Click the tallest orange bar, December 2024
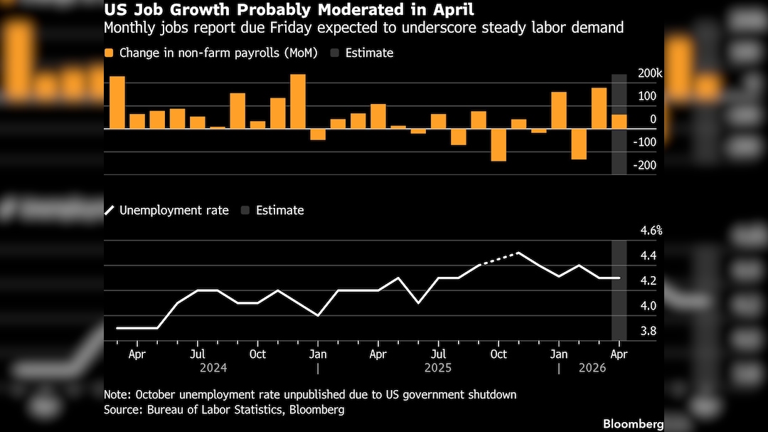click(298, 102)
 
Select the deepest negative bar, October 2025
click(498, 144)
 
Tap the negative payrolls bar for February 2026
click(579, 144)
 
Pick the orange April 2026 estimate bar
click(619, 122)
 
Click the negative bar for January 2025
click(318, 135)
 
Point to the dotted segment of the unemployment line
click(498, 259)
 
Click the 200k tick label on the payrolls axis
click(650, 73)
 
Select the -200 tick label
click(644, 165)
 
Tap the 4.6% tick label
click(651, 231)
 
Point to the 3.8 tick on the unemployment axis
click(649, 331)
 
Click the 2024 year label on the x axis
click(213, 368)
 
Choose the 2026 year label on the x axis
click(592, 368)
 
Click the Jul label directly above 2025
click(438, 354)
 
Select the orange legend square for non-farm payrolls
click(109, 53)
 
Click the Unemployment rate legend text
click(174, 211)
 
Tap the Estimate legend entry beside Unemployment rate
click(273, 211)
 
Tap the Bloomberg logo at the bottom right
click(634, 424)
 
